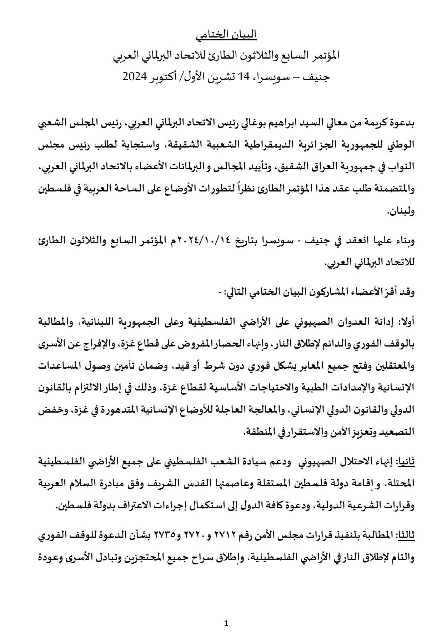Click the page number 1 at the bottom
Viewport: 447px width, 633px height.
tap(226, 614)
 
